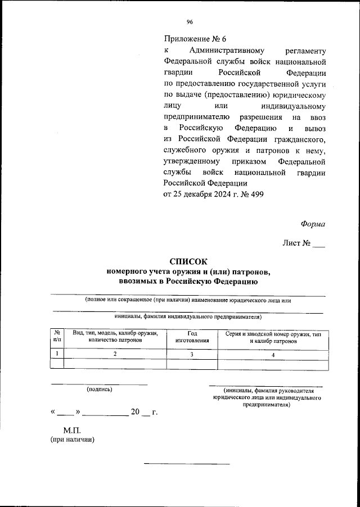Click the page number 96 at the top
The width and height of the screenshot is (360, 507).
tap(189, 22)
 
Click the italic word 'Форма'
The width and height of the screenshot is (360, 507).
tap(313, 223)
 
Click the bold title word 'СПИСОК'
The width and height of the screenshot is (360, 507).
tap(188, 261)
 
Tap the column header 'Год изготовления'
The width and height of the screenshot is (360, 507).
tap(192, 337)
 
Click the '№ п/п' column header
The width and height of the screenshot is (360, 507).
tap(57, 337)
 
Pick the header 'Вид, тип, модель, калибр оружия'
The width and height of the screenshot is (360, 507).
tap(115, 333)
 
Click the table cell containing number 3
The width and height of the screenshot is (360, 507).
tap(192, 354)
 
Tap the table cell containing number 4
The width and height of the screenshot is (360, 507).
tap(273, 354)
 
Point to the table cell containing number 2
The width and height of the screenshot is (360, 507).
tap(115, 354)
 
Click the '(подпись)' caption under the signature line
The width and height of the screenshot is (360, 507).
tap(99, 389)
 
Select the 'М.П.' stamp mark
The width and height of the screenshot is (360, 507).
tap(73, 430)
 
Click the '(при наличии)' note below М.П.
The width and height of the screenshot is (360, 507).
tap(73, 440)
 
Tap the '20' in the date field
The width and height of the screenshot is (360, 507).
tap(135, 412)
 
